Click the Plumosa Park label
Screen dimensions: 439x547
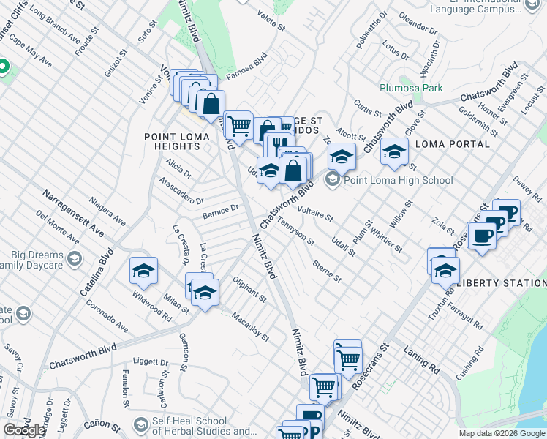[411, 88]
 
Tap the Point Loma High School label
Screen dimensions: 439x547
[398, 180]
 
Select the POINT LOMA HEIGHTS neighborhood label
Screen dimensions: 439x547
[182, 141]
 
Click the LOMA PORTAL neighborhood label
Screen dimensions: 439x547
[452, 144]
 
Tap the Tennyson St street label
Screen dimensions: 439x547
[296, 231]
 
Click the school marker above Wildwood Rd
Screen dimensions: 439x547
[144, 272]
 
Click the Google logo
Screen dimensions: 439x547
[24, 430]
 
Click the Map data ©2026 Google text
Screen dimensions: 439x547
[502, 433]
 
